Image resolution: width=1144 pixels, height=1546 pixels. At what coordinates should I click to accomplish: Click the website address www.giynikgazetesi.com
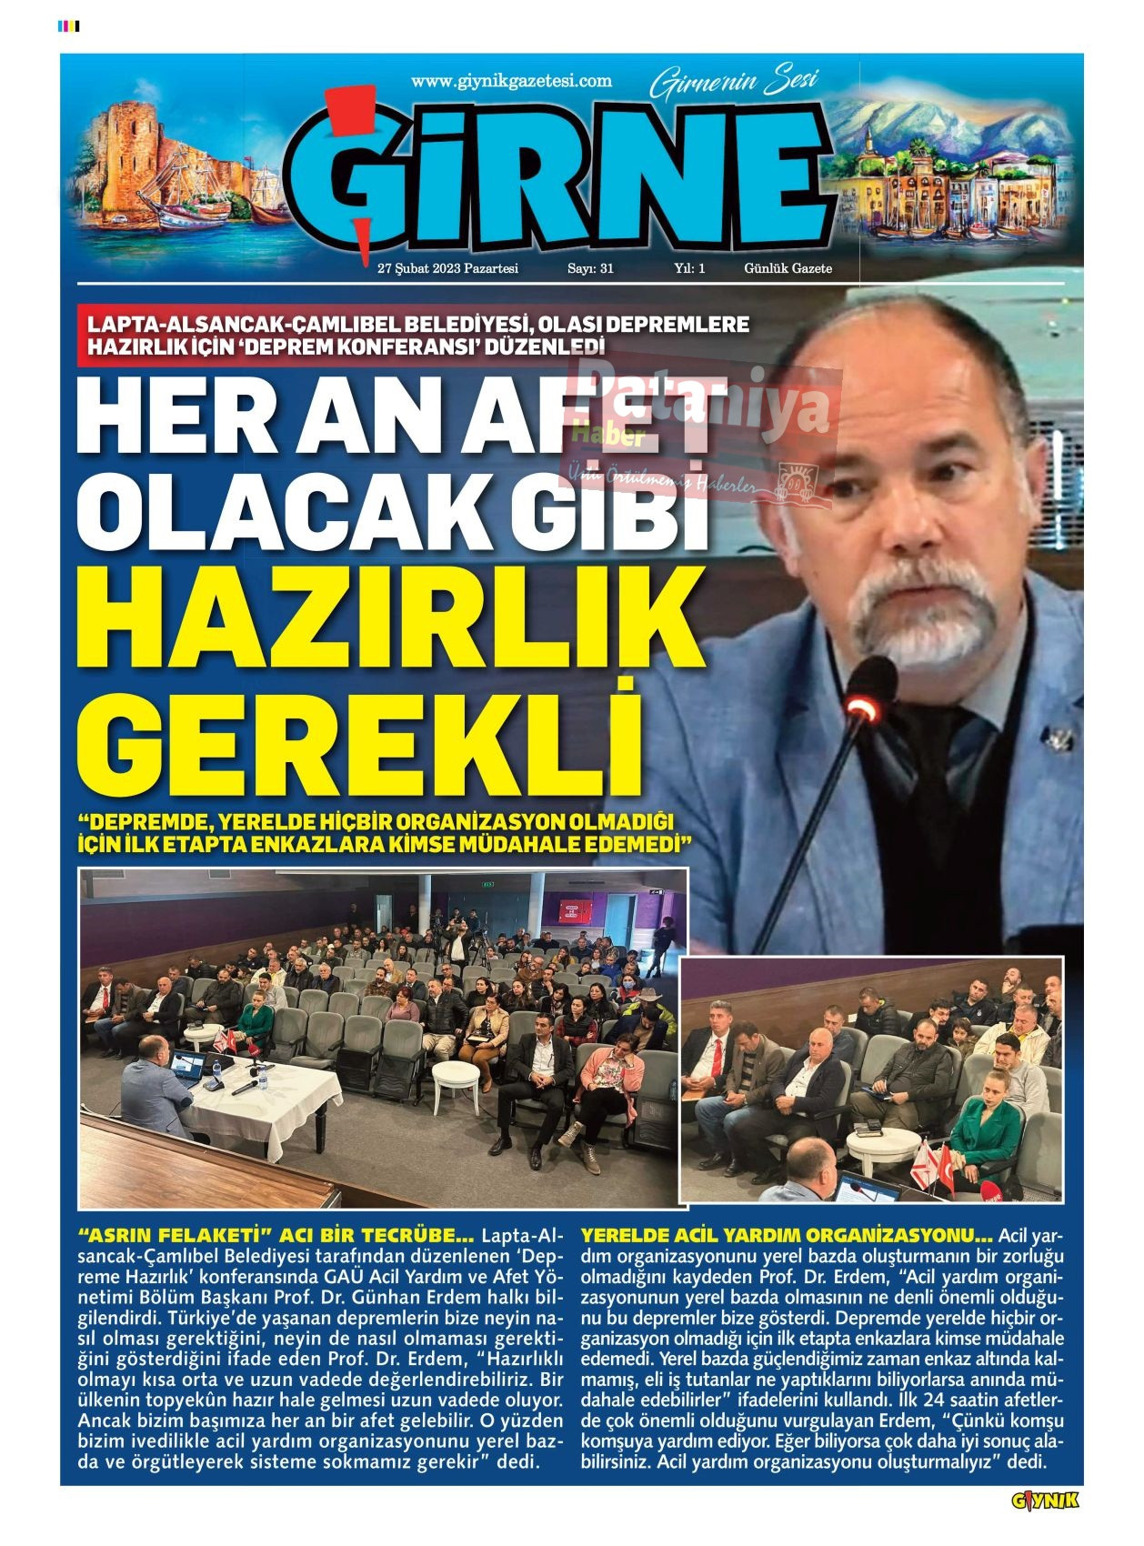(x=511, y=81)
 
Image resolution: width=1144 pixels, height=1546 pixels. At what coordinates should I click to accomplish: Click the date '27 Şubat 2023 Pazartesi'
(x=447, y=268)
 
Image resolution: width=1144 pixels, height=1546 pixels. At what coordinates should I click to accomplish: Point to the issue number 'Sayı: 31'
(x=590, y=268)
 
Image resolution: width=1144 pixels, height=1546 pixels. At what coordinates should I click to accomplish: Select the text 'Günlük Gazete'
(x=788, y=268)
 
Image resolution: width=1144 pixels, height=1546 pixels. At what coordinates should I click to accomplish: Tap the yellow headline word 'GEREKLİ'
(x=364, y=745)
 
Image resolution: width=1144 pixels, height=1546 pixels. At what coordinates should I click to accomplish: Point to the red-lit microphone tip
(x=863, y=707)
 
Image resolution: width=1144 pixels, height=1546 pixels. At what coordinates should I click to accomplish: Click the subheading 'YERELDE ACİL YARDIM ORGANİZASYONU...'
(x=787, y=1237)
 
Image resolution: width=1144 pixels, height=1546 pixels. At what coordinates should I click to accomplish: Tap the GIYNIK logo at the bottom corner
(x=1045, y=1501)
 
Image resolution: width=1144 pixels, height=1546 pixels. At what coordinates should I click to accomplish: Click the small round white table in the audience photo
(x=455, y=1075)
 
